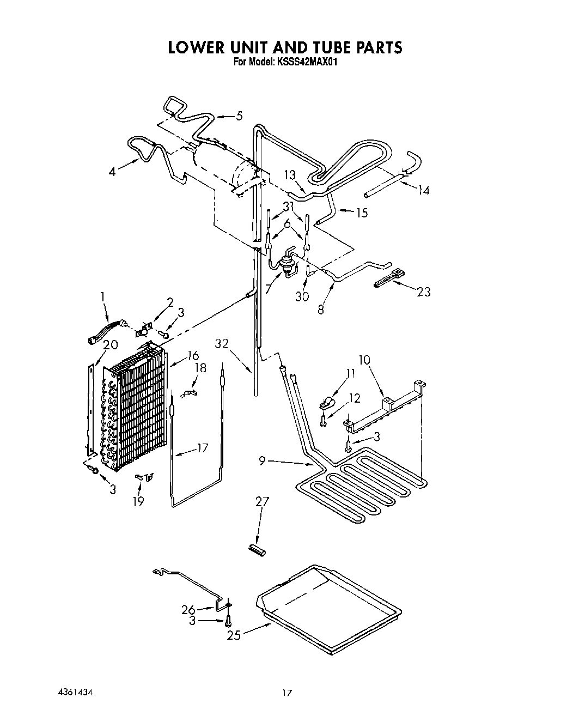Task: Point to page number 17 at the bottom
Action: (x=287, y=693)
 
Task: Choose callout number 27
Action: (x=262, y=502)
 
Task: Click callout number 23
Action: (x=423, y=292)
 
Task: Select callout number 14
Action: (x=423, y=190)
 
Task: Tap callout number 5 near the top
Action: (x=239, y=116)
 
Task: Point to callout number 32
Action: (x=222, y=344)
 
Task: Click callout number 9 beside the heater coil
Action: (x=263, y=462)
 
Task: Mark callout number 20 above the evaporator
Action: (x=111, y=344)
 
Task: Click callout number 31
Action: (x=288, y=206)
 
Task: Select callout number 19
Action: (x=139, y=501)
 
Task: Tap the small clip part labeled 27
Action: (x=256, y=550)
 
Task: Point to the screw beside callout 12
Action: (x=324, y=420)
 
